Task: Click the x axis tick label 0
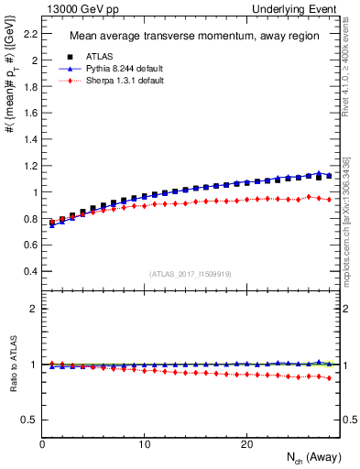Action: (43, 444)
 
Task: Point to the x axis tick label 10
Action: (144, 444)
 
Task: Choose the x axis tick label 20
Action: (245, 444)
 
